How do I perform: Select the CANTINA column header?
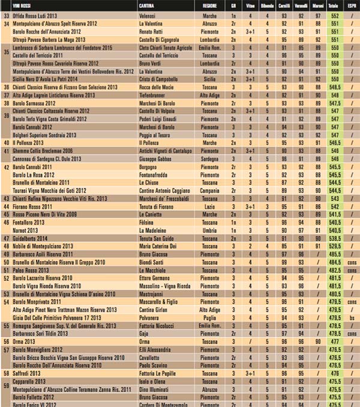(x=149, y=4)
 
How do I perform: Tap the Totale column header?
(x=333, y=4)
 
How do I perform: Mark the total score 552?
(x=333, y=15)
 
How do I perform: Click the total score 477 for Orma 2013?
(x=333, y=341)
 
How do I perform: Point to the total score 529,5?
(x=333, y=246)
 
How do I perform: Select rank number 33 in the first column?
(x=7, y=15)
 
